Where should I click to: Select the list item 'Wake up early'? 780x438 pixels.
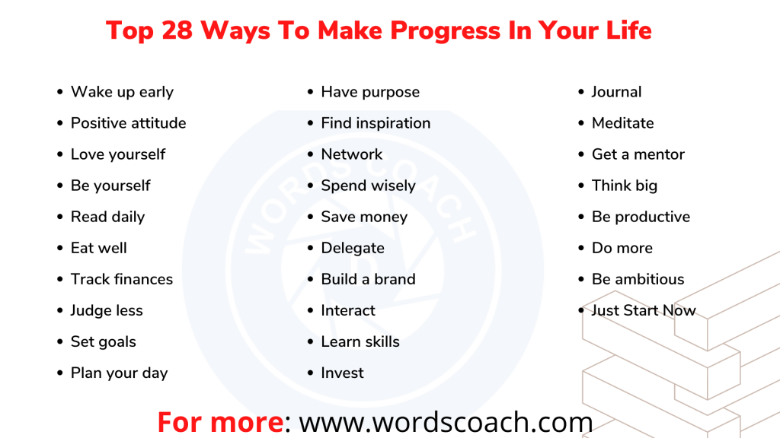(122, 92)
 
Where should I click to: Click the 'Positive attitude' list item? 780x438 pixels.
(128, 123)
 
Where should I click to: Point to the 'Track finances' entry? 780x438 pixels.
(122, 279)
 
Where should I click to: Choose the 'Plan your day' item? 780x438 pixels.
(119, 373)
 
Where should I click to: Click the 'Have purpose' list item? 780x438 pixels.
(370, 92)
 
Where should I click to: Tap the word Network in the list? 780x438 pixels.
(352, 154)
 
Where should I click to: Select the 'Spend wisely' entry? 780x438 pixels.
(368, 186)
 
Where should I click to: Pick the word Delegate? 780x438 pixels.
(353, 248)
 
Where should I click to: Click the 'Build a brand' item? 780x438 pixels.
(368, 279)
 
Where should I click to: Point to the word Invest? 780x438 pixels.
(342, 373)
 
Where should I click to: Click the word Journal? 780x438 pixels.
(616, 92)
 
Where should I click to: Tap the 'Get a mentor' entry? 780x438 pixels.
(638, 154)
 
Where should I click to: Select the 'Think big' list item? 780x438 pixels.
(624, 186)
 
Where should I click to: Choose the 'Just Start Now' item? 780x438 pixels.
(644, 310)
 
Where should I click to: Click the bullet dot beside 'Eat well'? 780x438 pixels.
(61, 249)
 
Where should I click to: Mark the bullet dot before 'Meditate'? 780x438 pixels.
(582, 124)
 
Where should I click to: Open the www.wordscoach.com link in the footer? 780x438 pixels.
(446, 422)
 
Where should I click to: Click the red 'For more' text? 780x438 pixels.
(219, 422)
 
